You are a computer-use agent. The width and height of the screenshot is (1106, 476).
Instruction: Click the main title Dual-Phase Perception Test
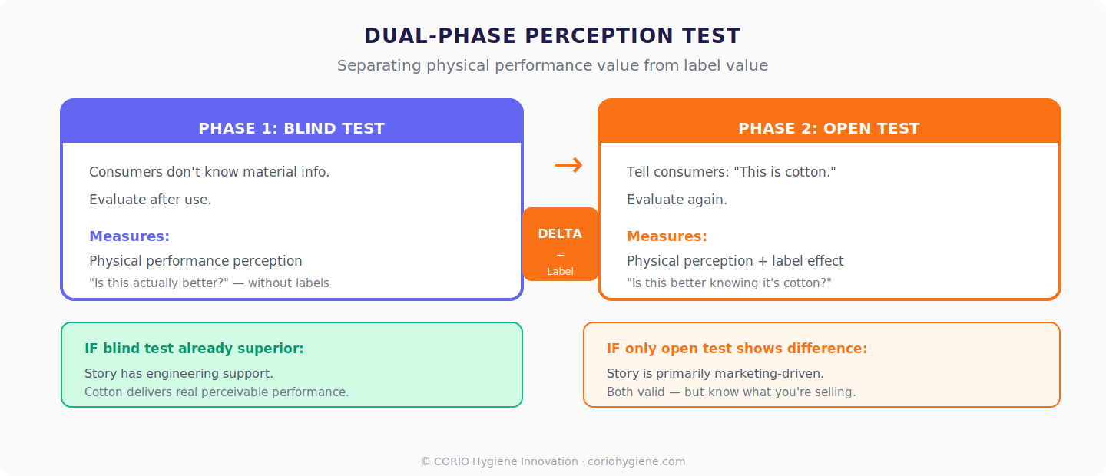pos(552,36)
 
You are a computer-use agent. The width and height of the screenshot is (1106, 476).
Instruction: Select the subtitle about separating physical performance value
pos(552,65)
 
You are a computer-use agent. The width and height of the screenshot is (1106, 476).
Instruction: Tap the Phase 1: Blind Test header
pos(291,128)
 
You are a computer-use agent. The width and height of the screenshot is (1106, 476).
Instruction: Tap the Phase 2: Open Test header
pos(829,128)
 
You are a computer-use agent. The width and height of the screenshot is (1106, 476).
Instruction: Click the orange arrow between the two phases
pos(568,164)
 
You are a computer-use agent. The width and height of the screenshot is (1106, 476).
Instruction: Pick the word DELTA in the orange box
pos(560,233)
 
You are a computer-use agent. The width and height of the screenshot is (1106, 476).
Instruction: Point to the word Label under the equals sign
pos(560,271)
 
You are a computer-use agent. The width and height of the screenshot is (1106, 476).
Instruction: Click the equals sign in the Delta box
pos(560,253)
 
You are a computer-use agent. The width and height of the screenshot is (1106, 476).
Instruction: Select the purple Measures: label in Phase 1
pos(129,236)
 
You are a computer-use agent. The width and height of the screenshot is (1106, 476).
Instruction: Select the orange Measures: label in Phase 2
pos(667,236)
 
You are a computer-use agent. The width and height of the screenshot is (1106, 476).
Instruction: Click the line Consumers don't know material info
pos(209,172)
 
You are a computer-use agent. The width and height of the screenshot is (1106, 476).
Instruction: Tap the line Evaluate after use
pos(150,200)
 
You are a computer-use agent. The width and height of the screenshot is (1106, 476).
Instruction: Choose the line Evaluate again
pos(677,200)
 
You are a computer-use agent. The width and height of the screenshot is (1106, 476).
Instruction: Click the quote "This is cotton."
pos(784,172)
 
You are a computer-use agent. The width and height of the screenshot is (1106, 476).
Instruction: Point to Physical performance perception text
pos(196,261)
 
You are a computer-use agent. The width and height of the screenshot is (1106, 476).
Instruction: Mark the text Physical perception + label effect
pos(735,261)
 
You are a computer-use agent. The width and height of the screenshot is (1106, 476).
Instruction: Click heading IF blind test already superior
pos(194,349)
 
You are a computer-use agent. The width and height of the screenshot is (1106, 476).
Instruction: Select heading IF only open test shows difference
pos(737,349)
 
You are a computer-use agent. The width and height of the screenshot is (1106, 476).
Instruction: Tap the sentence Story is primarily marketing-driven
pos(715,374)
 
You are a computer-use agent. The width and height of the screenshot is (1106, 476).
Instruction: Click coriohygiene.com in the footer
pos(636,461)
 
